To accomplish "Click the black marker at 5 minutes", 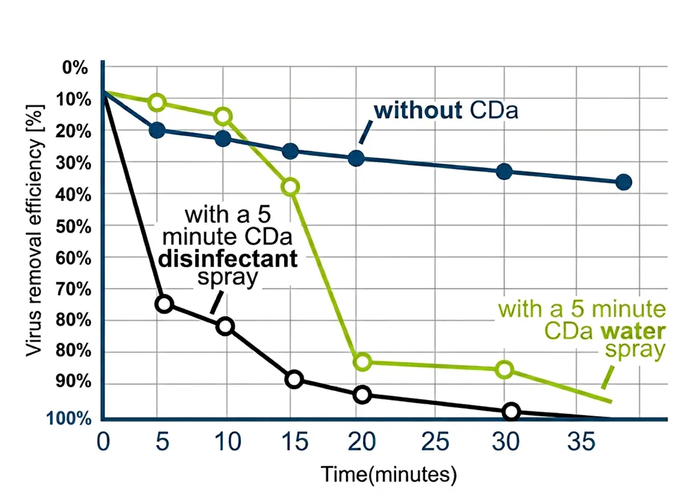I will point(164,303).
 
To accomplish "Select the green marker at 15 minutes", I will point(291,186).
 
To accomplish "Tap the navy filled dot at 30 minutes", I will point(504,171).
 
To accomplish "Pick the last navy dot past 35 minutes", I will point(624,182).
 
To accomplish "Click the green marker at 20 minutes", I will point(363,361).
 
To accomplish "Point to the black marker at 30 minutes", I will point(511,412).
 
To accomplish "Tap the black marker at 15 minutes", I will point(294,379).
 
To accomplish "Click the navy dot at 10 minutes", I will point(223,138).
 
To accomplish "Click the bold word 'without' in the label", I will point(418,110).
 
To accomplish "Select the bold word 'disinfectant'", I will point(228,258).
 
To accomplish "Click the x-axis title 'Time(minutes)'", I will point(389,474).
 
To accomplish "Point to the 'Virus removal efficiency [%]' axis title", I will point(34,230).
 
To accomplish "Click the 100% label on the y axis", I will point(69,418).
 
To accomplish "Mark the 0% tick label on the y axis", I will point(75,67).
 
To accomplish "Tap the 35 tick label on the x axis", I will point(581,442).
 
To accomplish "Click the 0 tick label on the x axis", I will point(103,442).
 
